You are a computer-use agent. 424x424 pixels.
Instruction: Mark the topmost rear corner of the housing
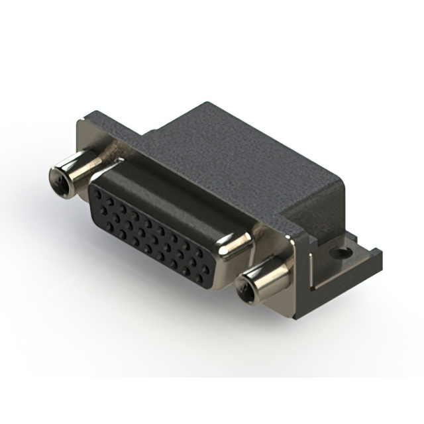(207, 104)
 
